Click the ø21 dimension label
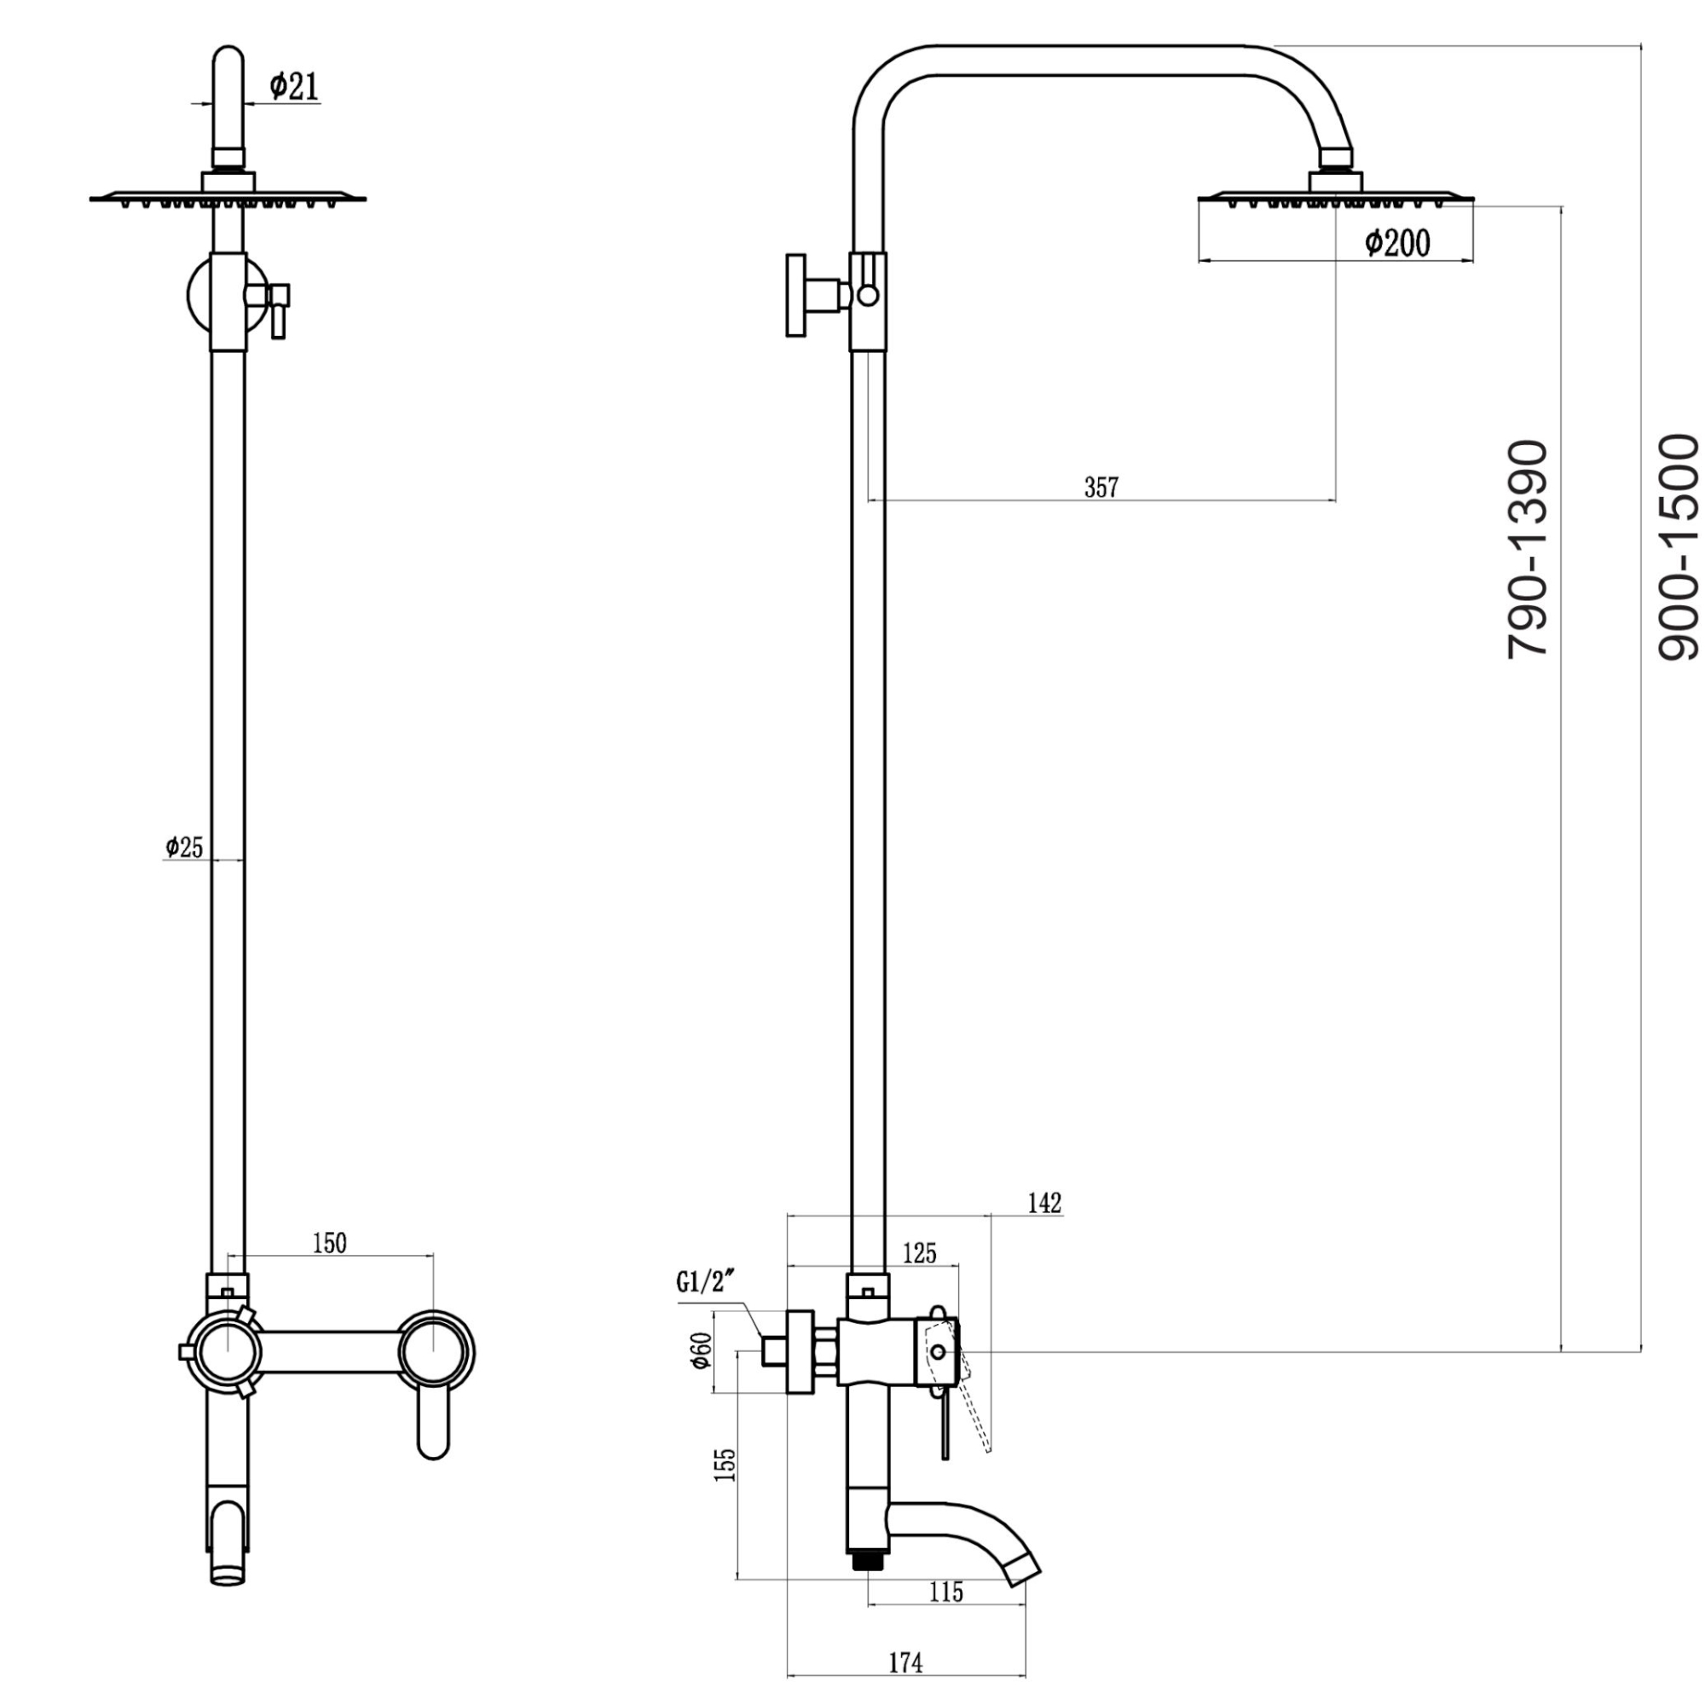(294, 85)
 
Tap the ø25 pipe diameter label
(183, 847)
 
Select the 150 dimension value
(330, 1244)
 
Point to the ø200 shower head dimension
(1397, 242)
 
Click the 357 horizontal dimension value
(1101, 487)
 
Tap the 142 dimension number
(1045, 1203)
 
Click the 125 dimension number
(920, 1253)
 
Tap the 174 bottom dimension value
(905, 1663)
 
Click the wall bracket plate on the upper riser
(796, 296)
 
